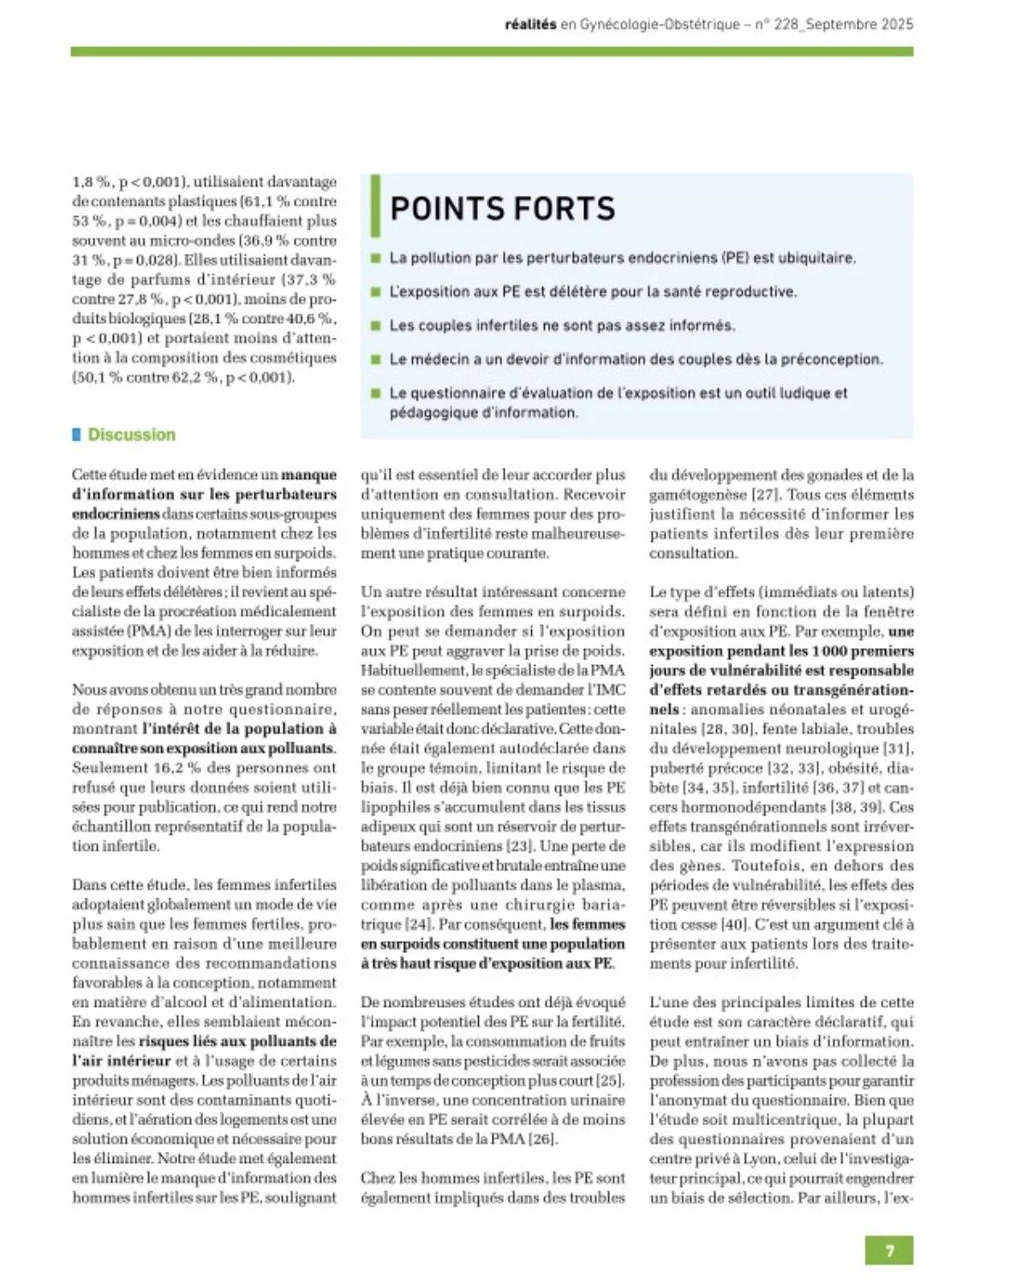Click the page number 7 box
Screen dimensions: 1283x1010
pyautogui.click(x=888, y=1250)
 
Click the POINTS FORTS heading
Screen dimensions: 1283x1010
pyautogui.click(x=502, y=208)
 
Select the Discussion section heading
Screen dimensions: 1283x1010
pyautogui.click(x=131, y=435)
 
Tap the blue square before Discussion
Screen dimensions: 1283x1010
pyautogui.click(x=77, y=435)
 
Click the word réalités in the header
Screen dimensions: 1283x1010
pyautogui.click(x=530, y=24)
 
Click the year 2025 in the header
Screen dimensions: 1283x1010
pyautogui.click(x=897, y=24)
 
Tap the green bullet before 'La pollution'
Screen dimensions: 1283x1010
pyautogui.click(x=375, y=258)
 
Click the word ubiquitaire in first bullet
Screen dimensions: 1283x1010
pyautogui.click(x=816, y=258)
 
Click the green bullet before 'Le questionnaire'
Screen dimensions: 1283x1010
pyautogui.click(x=375, y=393)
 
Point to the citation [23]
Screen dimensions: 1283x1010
pyautogui.click(x=518, y=846)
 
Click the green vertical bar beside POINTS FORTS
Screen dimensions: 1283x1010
pyautogui.click(x=375, y=206)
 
